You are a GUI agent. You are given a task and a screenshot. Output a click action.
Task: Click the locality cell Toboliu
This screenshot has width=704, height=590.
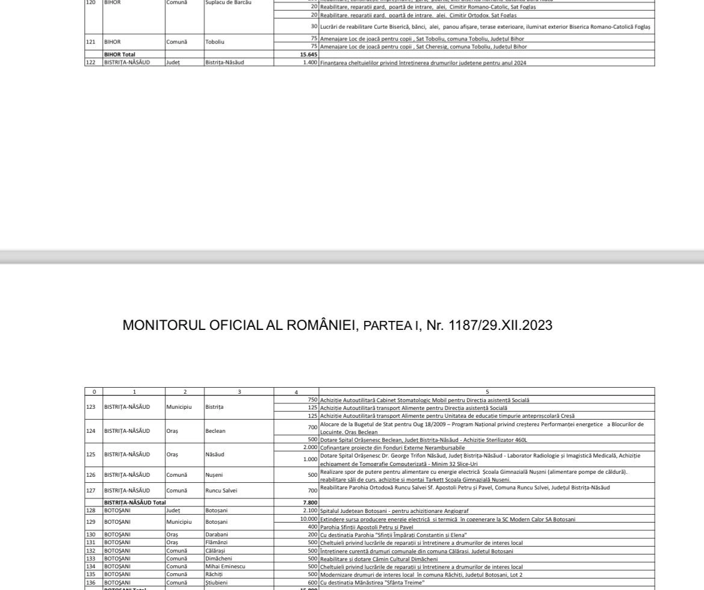(x=215, y=42)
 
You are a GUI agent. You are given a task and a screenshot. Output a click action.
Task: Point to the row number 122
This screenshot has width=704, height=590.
(x=91, y=63)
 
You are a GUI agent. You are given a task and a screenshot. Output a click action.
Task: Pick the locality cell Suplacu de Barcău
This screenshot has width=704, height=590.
(x=228, y=2)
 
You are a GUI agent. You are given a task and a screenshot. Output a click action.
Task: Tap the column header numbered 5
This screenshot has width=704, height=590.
(x=487, y=392)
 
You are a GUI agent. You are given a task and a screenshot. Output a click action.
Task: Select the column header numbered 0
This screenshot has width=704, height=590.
(x=94, y=392)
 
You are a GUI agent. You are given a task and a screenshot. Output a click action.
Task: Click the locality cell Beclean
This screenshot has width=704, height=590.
(x=215, y=431)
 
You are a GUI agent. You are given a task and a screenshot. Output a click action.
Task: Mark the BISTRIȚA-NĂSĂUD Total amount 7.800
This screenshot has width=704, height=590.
(x=310, y=503)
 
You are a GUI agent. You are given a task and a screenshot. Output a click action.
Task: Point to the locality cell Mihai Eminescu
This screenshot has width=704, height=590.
(x=225, y=567)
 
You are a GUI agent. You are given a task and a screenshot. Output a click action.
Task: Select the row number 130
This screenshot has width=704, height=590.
(x=91, y=535)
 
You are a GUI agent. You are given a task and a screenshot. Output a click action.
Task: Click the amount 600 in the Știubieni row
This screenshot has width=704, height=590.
(x=312, y=583)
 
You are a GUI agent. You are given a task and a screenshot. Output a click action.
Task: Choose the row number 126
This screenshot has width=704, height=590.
(x=91, y=475)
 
